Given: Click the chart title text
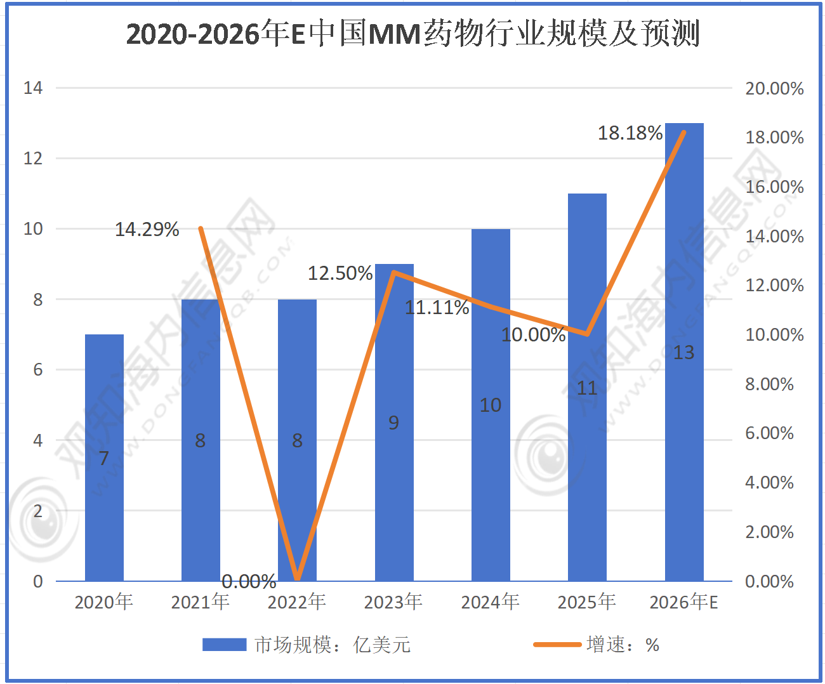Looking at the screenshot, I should point(412,33).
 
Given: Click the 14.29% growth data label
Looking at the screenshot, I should point(147,229).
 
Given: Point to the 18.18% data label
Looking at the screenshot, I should point(630,133).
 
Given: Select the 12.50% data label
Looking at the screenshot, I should point(340,273).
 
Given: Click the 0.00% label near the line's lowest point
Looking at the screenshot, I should point(249,581).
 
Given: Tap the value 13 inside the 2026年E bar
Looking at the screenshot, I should point(683,352).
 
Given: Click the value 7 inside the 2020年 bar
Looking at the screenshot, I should point(104,457).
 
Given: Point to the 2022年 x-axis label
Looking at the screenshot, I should point(297,602).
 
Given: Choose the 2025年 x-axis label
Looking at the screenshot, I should point(587,602).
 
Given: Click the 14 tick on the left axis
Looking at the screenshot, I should point(33,88).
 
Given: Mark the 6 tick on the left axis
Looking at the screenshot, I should point(37,369).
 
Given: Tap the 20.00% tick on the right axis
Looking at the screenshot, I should point(774,88).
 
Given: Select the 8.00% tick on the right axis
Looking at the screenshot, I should point(769,384).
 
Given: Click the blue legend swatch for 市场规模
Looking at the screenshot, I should point(224,645).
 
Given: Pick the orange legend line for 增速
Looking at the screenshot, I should point(557,645).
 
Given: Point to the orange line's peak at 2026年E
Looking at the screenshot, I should point(684,133).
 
